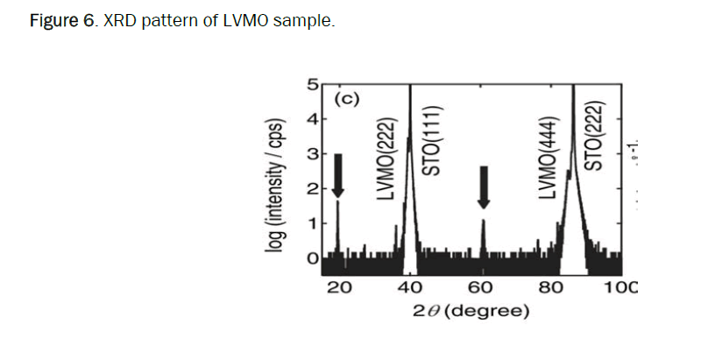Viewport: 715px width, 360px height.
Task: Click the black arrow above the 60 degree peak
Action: [483, 187]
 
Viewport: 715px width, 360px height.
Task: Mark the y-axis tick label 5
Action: [311, 85]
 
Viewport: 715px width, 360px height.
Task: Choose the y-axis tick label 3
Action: [311, 154]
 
